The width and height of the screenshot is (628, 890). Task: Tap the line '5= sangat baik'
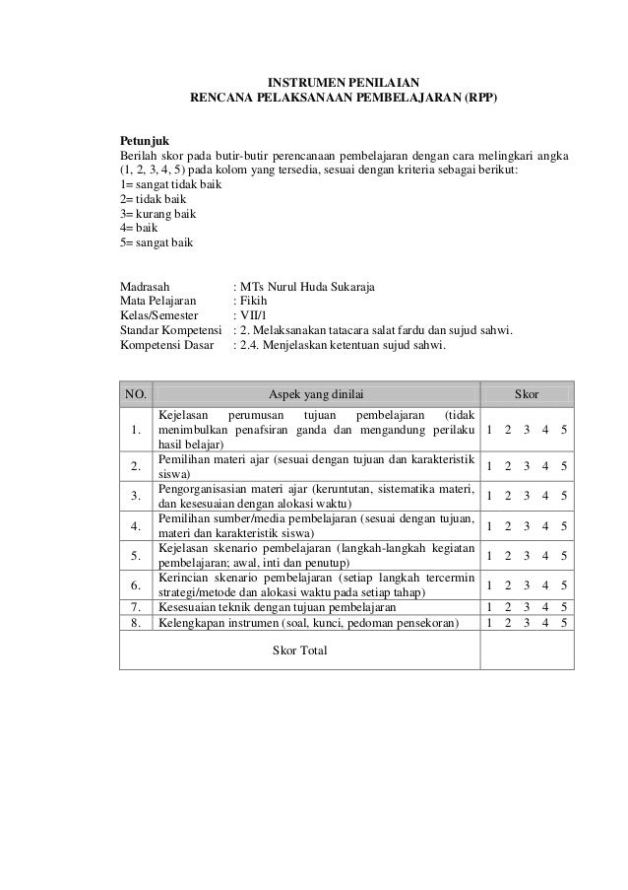[x=157, y=241]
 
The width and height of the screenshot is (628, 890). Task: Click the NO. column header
[x=135, y=394]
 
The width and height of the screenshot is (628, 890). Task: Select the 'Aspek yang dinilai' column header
[x=315, y=394]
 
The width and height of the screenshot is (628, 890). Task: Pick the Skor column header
[x=527, y=394]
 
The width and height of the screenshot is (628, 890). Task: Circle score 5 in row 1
[x=564, y=431]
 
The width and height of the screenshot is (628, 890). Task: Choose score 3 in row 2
[x=527, y=467]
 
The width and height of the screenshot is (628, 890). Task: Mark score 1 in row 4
[x=490, y=526]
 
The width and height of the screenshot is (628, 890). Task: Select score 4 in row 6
[x=545, y=585]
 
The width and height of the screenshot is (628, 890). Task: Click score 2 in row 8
[x=509, y=622]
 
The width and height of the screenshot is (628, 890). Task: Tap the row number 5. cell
[x=135, y=556]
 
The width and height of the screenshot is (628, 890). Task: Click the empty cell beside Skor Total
[x=527, y=651]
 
